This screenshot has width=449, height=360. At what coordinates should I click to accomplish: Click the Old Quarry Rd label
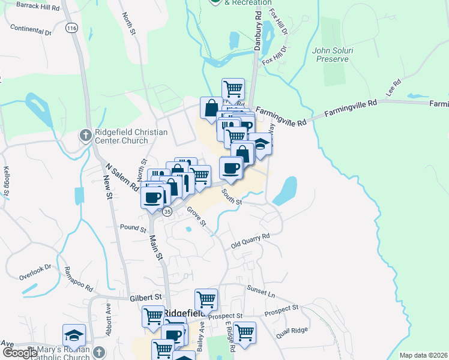pyautogui.click(x=251, y=241)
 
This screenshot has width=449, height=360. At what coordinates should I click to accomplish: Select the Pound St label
pyautogui.click(x=133, y=229)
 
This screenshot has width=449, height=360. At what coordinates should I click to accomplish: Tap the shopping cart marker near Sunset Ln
pyautogui.click(x=206, y=298)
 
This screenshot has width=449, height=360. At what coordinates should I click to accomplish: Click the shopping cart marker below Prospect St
pyautogui.click(x=244, y=331)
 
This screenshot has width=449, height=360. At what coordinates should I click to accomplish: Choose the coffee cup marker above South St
pyautogui.click(x=231, y=167)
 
